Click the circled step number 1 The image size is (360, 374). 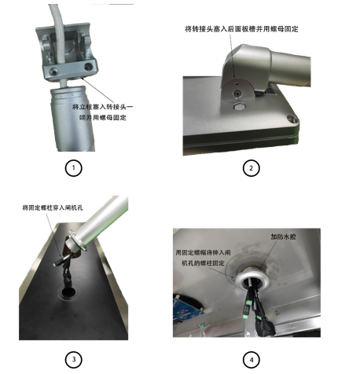coord(73,168)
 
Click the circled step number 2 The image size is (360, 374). coord(251,168)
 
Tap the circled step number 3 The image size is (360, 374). coord(73,359)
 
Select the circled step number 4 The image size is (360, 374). coord(252,360)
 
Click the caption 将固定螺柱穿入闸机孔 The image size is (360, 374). coord(53,207)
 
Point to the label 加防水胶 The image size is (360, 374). coord(283,236)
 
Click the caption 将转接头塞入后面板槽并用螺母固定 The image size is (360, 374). coord(241,29)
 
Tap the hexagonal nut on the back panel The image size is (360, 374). coord(238,107)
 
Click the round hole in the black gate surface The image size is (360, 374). coord(68,292)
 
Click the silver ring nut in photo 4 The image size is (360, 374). coord(252,280)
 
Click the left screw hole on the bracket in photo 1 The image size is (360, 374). coord(54,71)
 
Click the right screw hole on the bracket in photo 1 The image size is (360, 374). coord(88,67)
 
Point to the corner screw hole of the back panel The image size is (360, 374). coord(292,119)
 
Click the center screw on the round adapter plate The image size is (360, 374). coord(237,93)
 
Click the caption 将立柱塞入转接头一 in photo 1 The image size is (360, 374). coord(102,107)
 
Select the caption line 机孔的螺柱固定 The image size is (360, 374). coord(203,263)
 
